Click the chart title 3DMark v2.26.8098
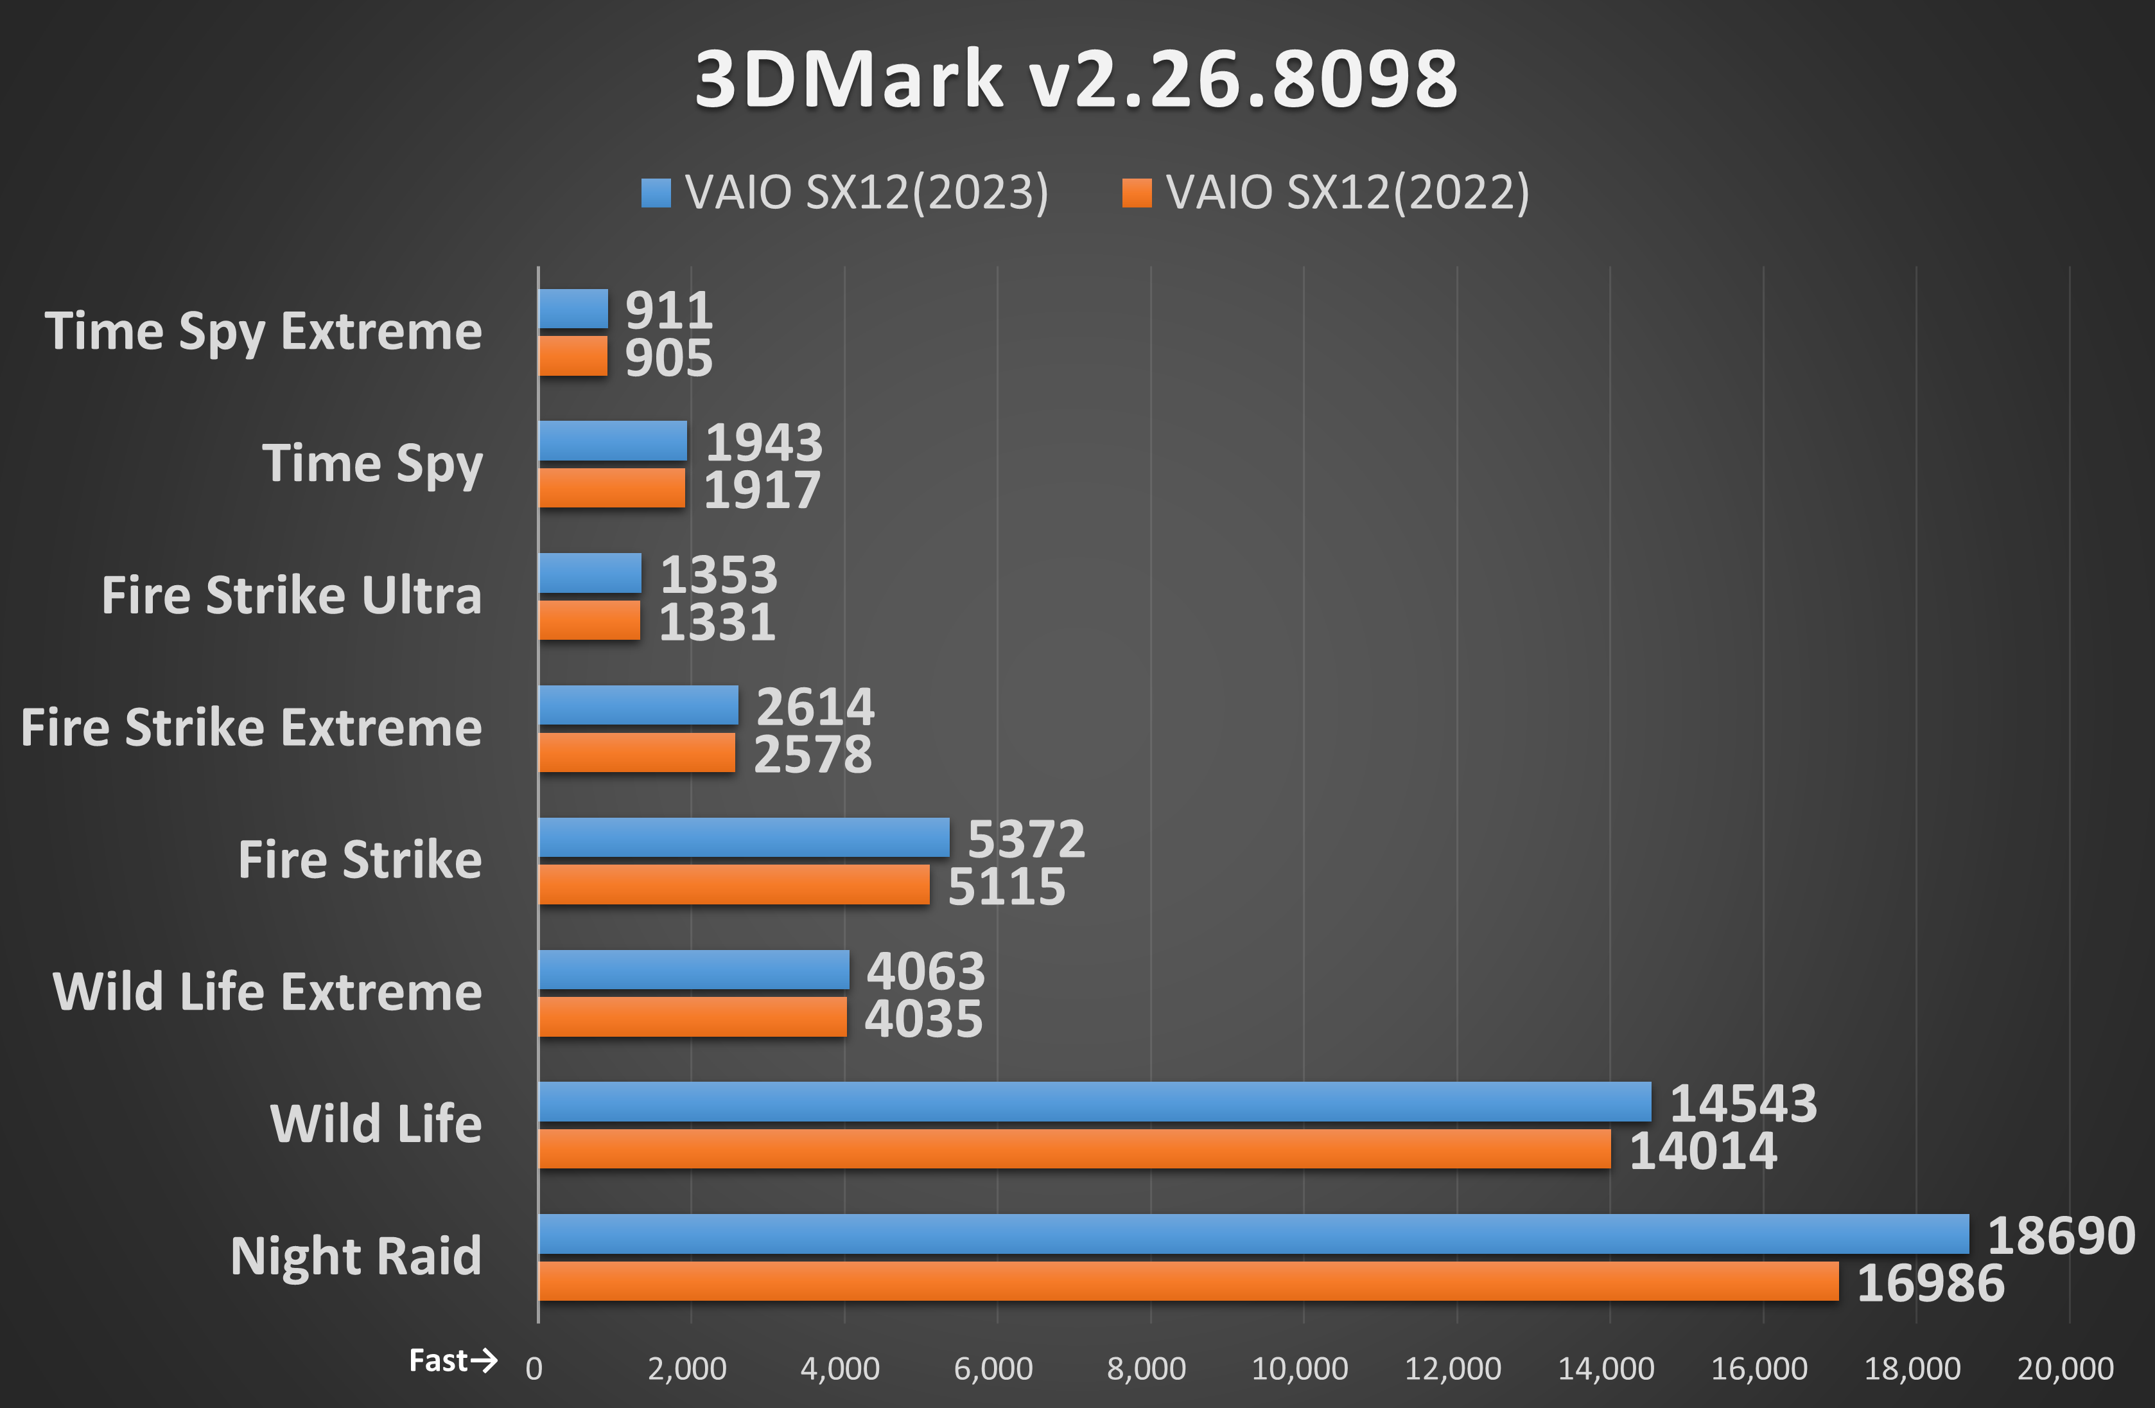click(x=1076, y=80)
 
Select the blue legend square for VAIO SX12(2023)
click(x=656, y=193)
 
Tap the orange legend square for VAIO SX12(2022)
click(x=1137, y=193)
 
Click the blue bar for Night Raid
click(x=1253, y=1234)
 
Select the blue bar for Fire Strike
click(x=744, y=838)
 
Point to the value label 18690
click(x=2061, y=1236)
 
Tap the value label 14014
click(x=1702, y=1152)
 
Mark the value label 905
click(x=668, y=358)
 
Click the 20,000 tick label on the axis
click(x=2065, y=1369)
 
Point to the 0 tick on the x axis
click(x=534, y=1369)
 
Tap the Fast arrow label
click(x=453, y=1361)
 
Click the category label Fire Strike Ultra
click(x=292, y=596)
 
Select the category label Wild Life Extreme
click(x=267, y=992)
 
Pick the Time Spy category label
click(x=372, y=464)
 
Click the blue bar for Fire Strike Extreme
click(x=638, y=705)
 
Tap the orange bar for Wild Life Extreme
click(x=693, y=1017)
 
